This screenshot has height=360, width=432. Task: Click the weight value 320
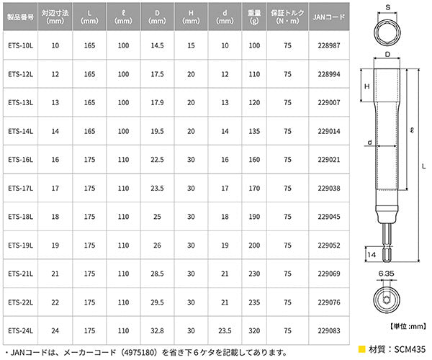(254, 330)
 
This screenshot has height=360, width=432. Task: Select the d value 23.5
(225, 330)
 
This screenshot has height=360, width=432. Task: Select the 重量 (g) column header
(254, 17)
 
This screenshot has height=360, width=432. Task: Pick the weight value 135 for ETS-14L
(254, 131)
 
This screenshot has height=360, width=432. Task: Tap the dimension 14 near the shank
(371, 254)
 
